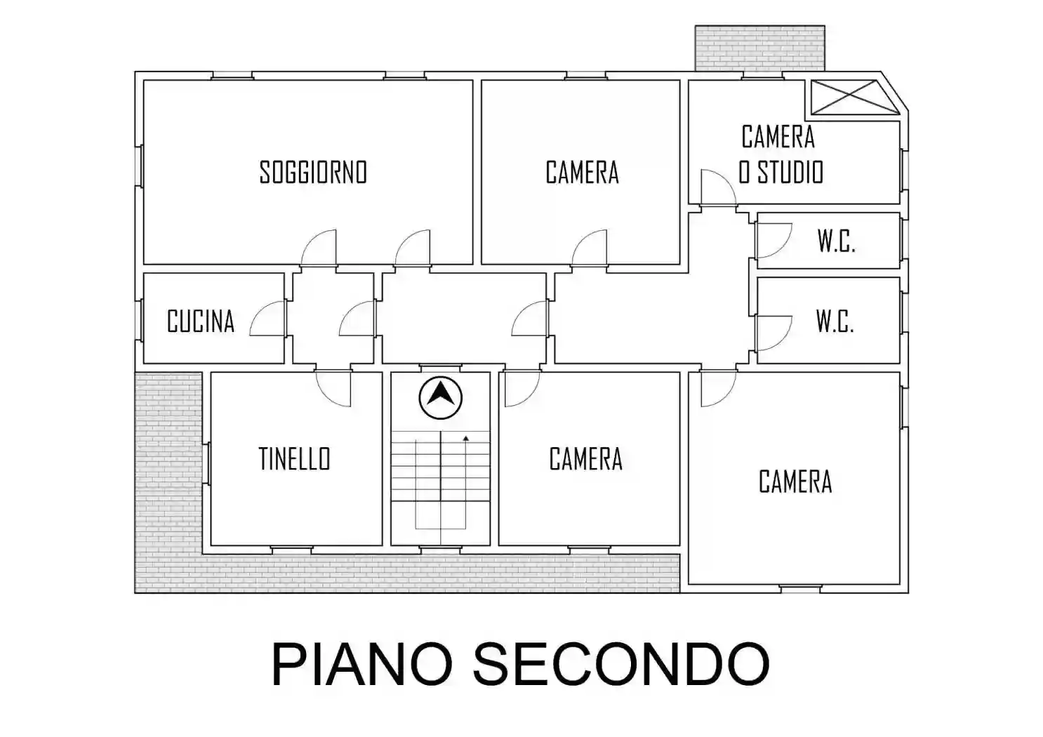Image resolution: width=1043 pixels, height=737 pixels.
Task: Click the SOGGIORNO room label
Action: (x=313, y=172)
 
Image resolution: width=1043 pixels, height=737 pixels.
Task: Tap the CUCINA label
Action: (x=200, y=321)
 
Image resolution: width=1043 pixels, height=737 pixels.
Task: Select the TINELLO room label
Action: (x=294, y=459)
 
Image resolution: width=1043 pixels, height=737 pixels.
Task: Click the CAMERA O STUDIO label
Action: (x=780, y=154)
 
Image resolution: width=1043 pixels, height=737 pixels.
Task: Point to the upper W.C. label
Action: (x=836, y=241)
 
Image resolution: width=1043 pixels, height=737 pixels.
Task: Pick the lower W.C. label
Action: (x=835, y=321)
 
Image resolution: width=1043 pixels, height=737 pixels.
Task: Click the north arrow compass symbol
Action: (x=441, y=397)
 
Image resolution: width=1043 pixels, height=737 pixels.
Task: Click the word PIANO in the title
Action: (x=364, y=663)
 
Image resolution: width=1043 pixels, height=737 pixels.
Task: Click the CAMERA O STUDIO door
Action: (x=717, y=187)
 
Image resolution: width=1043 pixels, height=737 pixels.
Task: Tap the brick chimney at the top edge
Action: (x=760, y=48)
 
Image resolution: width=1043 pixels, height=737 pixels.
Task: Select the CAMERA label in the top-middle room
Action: (x=582, y=172)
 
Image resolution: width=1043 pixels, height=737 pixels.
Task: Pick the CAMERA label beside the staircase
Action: (x=585, y=459)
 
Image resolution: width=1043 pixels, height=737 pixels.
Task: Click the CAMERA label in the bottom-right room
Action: (x=795, y=482)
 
